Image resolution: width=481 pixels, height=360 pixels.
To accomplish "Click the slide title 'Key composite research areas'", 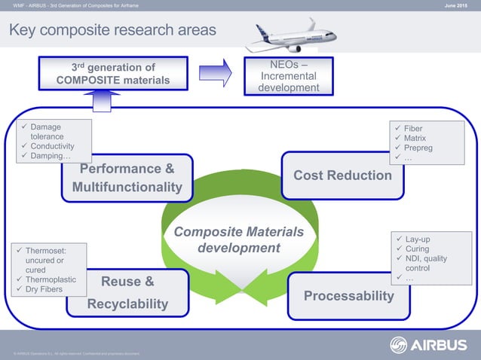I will coord(112,30).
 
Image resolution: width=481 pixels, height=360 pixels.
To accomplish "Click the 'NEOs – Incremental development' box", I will coord(288,76).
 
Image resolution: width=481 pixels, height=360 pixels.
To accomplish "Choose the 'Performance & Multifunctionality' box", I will coord(127,178).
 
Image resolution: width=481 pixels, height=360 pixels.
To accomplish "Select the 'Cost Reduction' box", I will coord(342,175).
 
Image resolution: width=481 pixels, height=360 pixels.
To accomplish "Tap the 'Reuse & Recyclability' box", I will coord(127,292).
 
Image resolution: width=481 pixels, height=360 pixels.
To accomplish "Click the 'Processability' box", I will coord(348,296).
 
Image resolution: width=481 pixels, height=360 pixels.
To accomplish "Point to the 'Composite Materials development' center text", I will coord(238,239).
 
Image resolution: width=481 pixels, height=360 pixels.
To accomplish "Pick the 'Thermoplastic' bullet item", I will coord(51,279).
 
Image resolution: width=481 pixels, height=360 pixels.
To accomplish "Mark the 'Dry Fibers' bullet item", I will coord(47,288).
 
